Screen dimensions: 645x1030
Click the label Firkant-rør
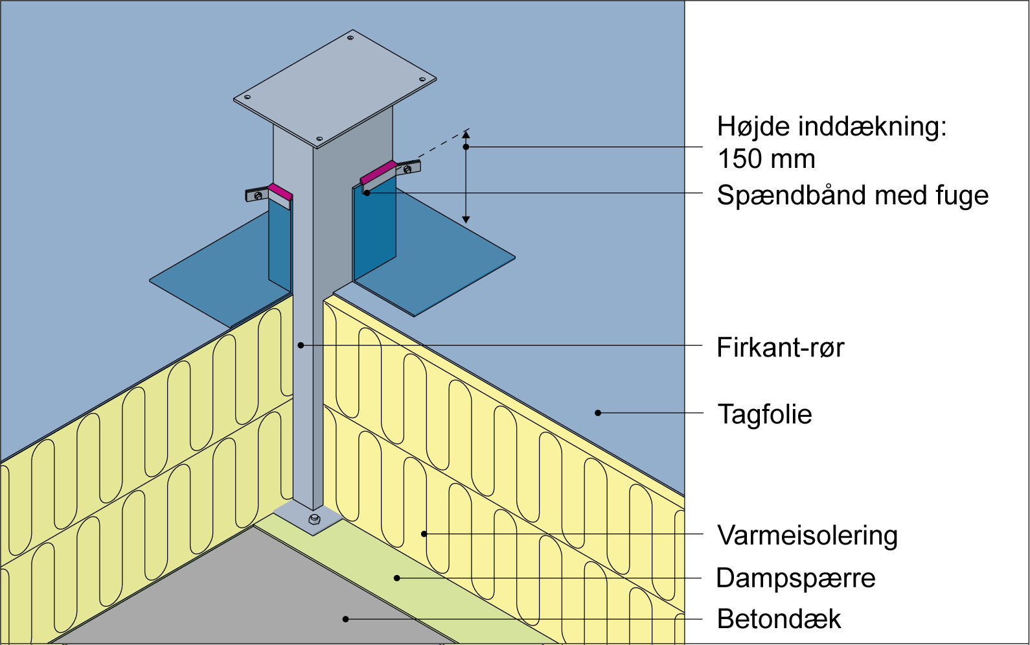tap(780, 348)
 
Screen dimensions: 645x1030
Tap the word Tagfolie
tap(764, 414)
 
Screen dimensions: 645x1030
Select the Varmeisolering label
tap(807, 535)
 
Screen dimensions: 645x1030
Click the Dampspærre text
tap(795, 578)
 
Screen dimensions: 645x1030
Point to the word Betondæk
tap(779, 619)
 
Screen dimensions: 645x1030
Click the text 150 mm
tap(766, 159)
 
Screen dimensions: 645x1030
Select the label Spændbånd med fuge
tap(853, 195)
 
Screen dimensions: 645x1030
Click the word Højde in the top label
tap(753, 126)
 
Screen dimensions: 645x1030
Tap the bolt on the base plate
tap(314, 519)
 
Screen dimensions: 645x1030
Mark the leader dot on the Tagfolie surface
tap(598, 413)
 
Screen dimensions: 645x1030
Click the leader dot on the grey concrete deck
tap(346, 619)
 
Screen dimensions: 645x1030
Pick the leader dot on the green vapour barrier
tap(397, 578)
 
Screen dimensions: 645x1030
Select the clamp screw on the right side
tap(407, 169)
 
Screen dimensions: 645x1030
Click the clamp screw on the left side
tap(258, 195)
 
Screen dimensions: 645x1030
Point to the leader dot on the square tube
tap(301, 346)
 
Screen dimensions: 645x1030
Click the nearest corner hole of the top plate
tap(319, 139)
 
